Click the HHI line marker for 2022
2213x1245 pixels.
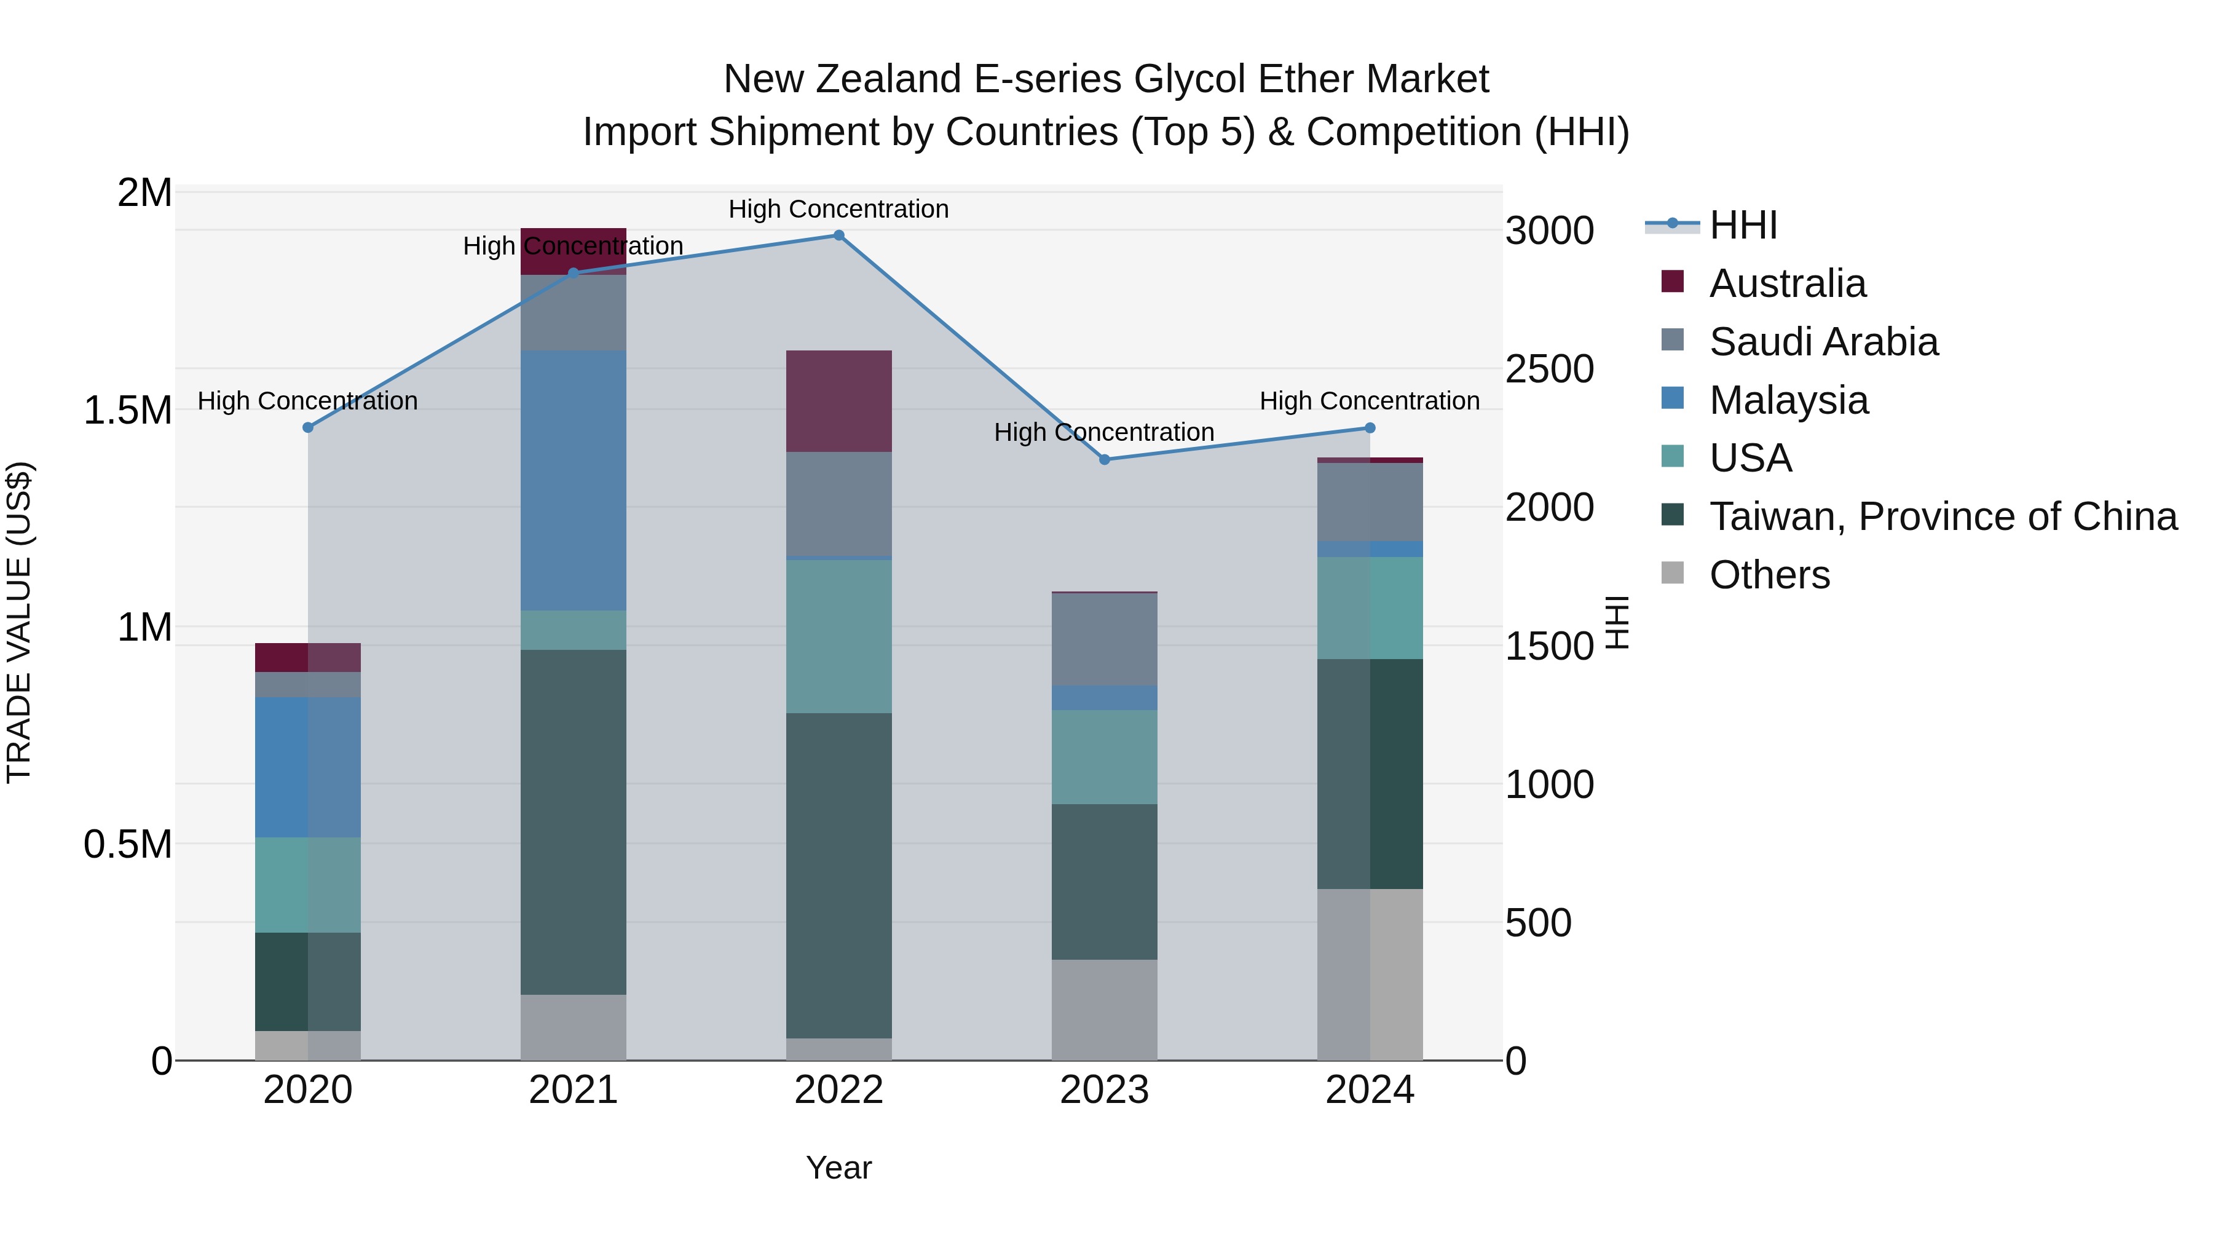[839, 235]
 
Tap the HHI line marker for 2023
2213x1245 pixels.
[1105, 460]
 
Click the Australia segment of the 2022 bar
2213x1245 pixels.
[839, 401]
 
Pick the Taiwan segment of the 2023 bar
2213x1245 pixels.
[1105, 882]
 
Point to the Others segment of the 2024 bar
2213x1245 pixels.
[1370, 974]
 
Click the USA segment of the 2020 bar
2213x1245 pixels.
[307, 885]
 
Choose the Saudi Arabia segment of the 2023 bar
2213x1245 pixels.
[1105, 639]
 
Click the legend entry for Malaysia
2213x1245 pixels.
[1789, 400]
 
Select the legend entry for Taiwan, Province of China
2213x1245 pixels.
[1943, 516]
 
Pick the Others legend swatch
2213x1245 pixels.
[1673, 573]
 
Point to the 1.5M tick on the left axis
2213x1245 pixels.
[128, 411]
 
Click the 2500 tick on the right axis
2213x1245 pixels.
[1550, 370]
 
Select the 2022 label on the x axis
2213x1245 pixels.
[839, 1090]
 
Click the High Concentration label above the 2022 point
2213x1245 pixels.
[838, 209]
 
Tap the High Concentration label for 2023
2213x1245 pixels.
[1104, 432]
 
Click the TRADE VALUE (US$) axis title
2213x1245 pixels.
[19, 622]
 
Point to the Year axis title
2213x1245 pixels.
[838, 1168]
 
